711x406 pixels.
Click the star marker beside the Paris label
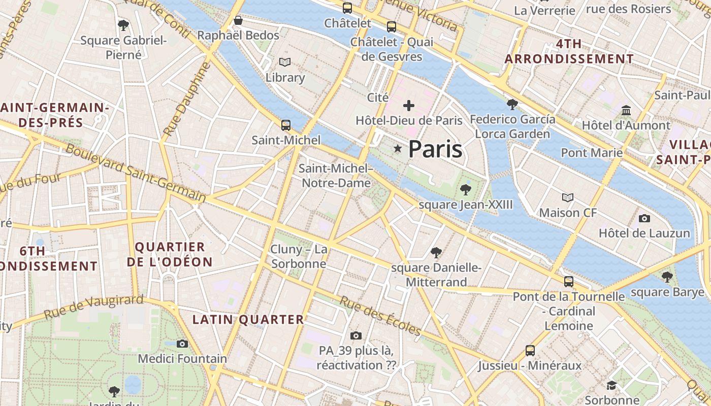click(398, 148)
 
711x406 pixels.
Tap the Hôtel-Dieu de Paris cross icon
click(409, 106)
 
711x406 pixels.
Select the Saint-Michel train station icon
click(286, 125)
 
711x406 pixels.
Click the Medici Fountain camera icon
click(182, 344)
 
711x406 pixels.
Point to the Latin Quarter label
click(248, 320)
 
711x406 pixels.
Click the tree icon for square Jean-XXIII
click(465, 190)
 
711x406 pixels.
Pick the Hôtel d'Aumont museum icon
click(626, 110)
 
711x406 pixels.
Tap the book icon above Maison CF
click(568, 197)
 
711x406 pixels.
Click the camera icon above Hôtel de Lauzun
click(644, 218)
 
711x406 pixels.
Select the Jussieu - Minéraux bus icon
click(530, 350)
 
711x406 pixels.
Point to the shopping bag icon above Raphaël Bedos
click(238, 20)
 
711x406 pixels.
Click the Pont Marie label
click(591, 153)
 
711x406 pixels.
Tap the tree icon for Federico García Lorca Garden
click(512, 105)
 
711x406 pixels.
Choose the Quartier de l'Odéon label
click(170, 254)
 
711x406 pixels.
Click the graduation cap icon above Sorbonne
click(611, 385)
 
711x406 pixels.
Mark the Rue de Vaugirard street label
click(93, 307)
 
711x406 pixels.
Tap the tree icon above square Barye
click(667, 277)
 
